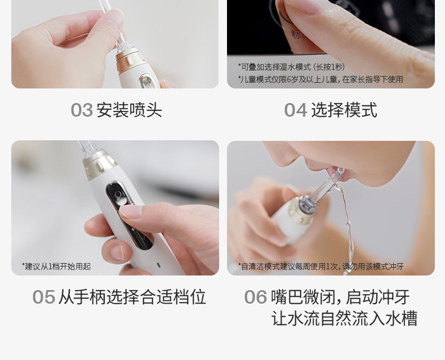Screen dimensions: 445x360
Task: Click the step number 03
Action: tap(82, 110)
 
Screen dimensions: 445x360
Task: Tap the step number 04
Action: tap(295, 110)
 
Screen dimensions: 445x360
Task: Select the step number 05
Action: tap(44, 297)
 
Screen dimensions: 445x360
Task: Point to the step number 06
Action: tap(255, 297)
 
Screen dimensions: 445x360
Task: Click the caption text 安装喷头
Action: tap(130, 110)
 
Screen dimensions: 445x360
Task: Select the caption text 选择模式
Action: tap(344, 110)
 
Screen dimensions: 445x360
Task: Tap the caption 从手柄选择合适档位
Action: tap(132, 297)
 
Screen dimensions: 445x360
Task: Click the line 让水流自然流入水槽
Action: tap(344, 318)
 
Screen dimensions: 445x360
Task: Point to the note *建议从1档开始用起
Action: tap(56, 266)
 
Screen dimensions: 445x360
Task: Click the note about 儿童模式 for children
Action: tap(321, 79)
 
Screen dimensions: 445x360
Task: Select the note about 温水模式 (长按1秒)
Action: tap(291, 67)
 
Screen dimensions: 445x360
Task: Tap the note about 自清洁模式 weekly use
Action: tap(321, 266)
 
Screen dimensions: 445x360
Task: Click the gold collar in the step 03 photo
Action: tap(131, 60)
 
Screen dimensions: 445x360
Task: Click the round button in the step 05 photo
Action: tap(118, 194)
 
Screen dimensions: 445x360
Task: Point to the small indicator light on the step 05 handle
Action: tap(158, 265)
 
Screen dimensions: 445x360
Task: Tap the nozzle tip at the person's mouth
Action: tap(339, 172)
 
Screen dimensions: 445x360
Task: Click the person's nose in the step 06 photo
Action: tap(284, 155)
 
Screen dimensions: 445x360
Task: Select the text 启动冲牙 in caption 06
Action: tap(378, 297)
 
